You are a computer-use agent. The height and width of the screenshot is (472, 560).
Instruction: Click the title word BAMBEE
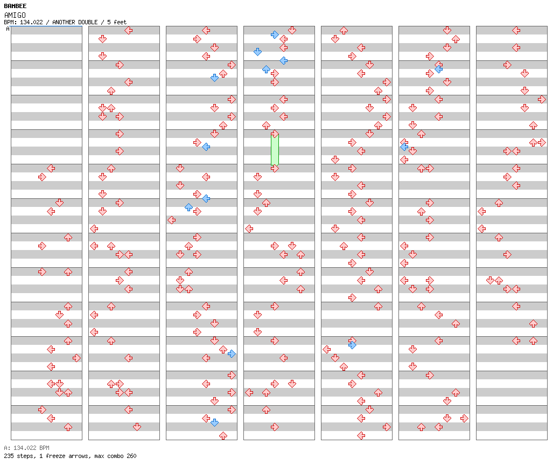15,6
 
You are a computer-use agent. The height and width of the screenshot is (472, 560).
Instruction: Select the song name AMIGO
15,15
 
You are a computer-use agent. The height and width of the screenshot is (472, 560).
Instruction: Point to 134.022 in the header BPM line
31,22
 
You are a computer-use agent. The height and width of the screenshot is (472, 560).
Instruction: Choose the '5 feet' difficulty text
117,22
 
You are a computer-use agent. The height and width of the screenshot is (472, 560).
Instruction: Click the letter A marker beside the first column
8,29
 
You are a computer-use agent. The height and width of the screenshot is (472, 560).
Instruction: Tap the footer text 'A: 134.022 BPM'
27,448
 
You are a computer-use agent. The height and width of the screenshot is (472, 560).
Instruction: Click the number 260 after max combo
131,456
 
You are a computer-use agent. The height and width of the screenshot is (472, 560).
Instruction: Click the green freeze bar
275,149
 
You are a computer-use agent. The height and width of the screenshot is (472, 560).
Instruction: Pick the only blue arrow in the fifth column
353,345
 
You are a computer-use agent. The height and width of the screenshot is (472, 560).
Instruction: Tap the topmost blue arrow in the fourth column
275,34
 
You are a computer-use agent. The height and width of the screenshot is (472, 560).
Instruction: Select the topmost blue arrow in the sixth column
439,69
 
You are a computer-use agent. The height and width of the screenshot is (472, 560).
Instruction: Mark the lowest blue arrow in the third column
215,422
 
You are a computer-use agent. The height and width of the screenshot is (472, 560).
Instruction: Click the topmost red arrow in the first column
51,168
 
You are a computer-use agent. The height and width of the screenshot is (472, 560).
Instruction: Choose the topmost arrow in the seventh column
516,30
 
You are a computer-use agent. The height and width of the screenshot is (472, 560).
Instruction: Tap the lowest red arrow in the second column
137,427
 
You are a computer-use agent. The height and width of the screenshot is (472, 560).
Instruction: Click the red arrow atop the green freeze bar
275,134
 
